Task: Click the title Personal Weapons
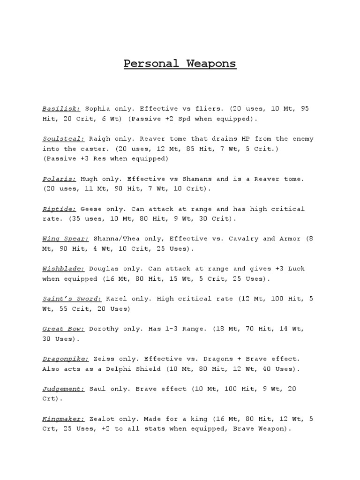click(x=180, y=63)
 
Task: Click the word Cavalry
click(x=244, y=239)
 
